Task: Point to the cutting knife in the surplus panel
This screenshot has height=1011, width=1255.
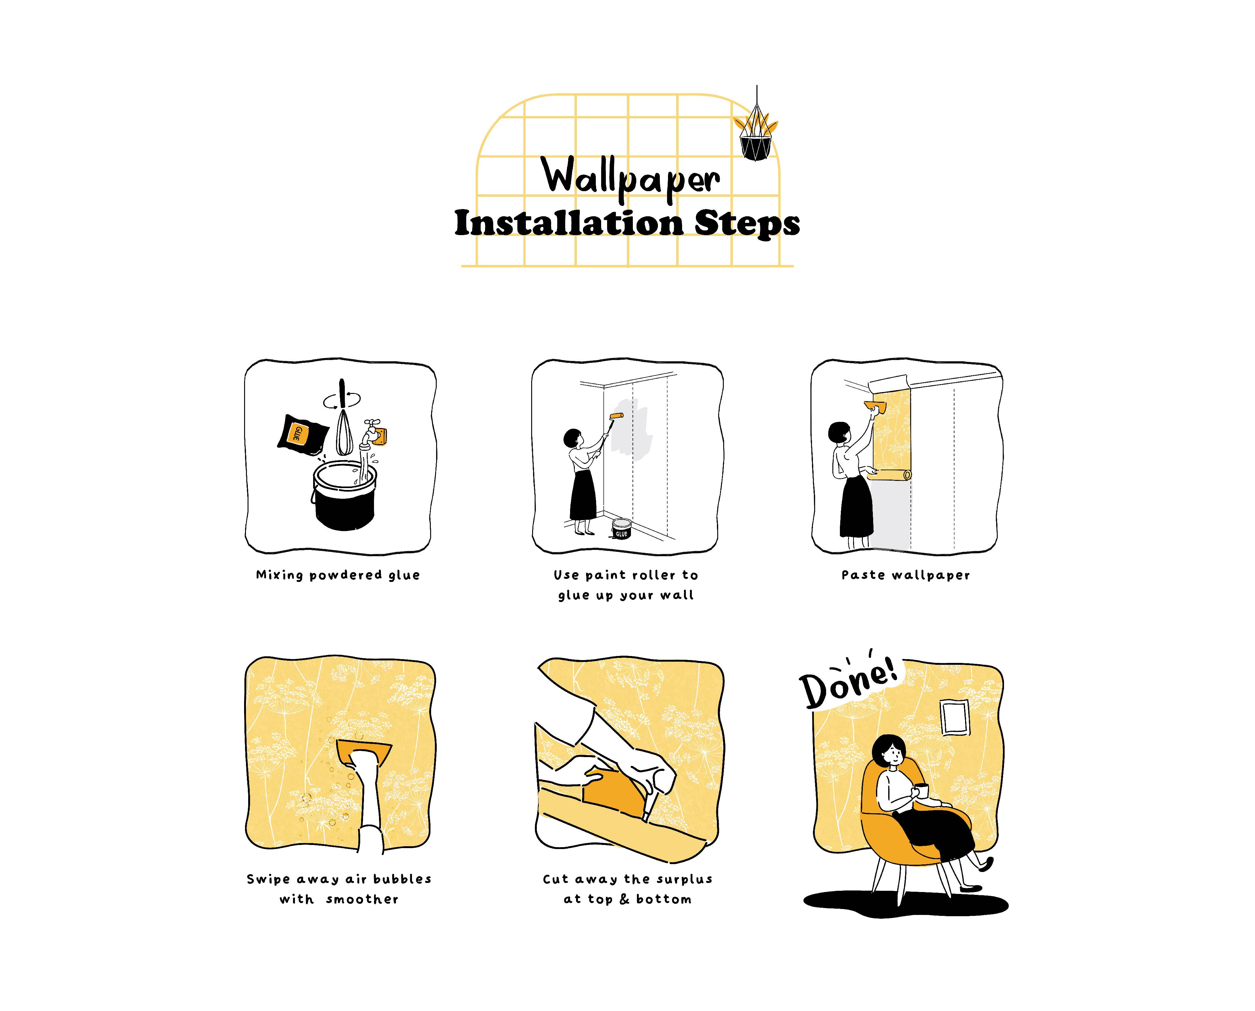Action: [650, 804]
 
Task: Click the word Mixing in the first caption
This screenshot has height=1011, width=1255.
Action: [280, 575]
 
